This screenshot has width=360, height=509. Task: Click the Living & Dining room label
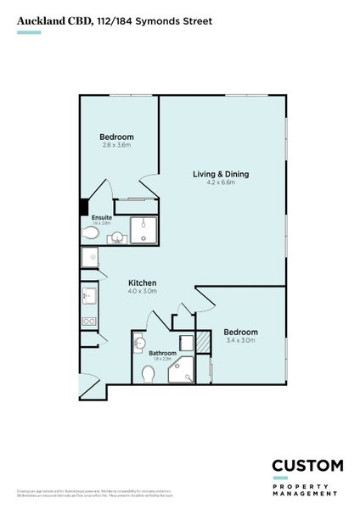(220, 174)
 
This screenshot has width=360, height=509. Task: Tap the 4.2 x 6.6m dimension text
(220, 182)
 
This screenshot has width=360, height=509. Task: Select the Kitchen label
(140, 283)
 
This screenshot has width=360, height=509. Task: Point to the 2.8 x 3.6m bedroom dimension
(116, 145)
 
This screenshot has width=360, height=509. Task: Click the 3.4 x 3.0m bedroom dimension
(240, 340)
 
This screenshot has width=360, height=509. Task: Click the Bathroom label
(162, 353)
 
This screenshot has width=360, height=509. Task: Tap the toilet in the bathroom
(148, 372)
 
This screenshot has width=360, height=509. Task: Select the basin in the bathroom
(138, 344)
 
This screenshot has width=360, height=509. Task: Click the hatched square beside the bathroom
(202, 342)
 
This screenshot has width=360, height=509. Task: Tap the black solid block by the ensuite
(83, 207)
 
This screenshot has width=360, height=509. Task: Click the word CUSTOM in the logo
(307, 465)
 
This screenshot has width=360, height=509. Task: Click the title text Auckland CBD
(53, 20)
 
